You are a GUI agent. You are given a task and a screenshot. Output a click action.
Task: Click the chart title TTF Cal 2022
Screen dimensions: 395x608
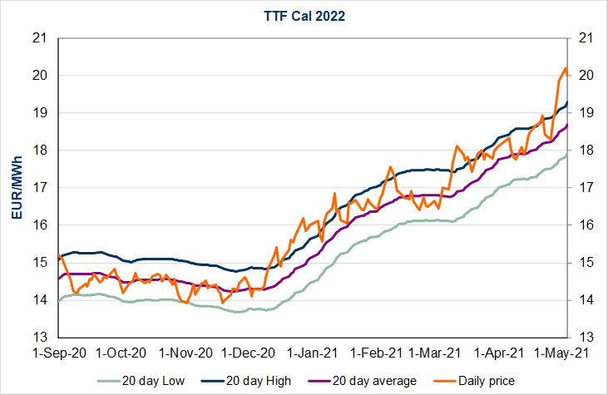click(304, 15)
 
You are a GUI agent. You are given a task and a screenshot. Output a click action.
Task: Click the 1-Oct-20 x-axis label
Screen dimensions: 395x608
click(121, 353)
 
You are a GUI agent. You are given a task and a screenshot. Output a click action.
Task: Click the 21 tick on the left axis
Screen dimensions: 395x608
click(38, 38)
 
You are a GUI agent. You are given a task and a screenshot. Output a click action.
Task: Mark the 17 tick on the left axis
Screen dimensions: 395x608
click(38, 188)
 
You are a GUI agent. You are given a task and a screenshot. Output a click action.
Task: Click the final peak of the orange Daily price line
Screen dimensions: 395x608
click(566, 68)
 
